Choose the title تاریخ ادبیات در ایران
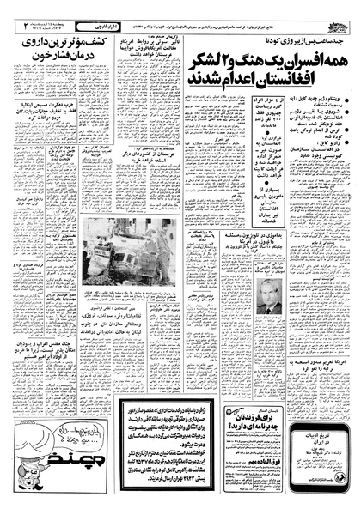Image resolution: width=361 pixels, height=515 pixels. click(329, 430)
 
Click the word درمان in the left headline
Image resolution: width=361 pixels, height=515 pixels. click(111, 52)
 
